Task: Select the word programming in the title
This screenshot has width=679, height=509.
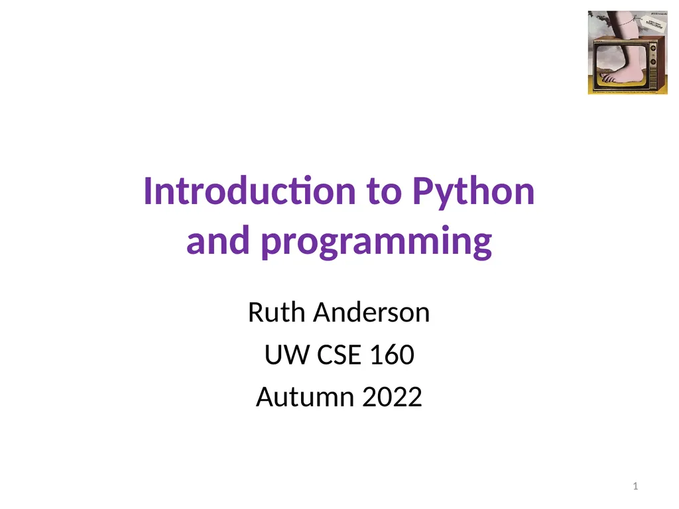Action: coord(376,243)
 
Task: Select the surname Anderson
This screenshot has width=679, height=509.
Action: coord(371,312)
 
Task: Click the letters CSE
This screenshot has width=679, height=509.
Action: coord(339,356)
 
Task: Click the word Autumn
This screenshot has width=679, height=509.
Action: coord(304,398)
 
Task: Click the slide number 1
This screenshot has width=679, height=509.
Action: coord(635,488)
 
